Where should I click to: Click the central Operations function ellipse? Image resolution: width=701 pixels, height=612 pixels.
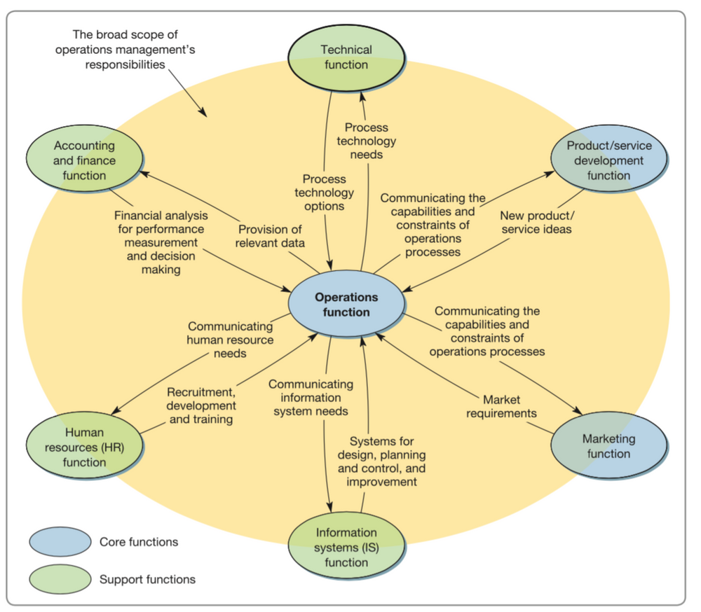346,305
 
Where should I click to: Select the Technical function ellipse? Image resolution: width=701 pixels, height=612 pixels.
346,57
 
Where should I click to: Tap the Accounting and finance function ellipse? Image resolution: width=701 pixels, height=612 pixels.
85,161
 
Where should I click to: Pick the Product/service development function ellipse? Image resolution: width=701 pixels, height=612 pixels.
608,161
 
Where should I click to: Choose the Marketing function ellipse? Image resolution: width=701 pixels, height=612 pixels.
608,446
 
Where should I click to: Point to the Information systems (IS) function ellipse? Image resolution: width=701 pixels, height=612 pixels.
346,547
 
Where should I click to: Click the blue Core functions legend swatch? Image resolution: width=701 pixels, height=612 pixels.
60,542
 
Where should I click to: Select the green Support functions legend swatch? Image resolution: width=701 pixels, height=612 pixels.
60,579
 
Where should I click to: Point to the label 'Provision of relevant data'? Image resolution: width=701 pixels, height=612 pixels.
271,236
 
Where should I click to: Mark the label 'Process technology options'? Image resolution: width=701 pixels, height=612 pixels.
324,193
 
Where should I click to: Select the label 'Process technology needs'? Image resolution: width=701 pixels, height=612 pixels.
366,141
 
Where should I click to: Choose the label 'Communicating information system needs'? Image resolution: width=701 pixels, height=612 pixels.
311,397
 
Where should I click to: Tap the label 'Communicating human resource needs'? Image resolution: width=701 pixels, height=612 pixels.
230,340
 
